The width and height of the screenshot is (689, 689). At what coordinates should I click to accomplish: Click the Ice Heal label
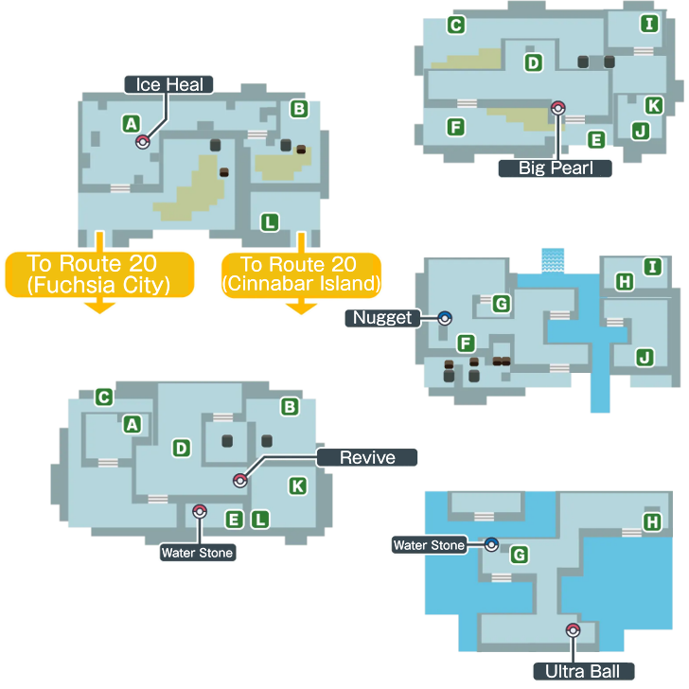168,85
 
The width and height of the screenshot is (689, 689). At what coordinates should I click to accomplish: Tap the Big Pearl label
555,168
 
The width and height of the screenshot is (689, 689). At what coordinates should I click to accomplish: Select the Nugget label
382,318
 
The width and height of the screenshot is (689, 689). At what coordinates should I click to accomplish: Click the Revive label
367,457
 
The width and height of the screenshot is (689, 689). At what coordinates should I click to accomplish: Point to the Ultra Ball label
584,671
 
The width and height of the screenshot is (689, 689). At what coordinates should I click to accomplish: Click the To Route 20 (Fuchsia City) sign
99,274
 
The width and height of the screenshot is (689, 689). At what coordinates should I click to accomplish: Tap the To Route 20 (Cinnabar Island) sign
301,274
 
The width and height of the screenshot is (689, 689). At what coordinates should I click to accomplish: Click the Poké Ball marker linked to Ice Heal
143,142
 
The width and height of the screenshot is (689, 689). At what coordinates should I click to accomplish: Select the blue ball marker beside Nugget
445,318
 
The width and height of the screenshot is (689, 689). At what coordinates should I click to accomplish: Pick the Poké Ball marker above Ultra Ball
573,630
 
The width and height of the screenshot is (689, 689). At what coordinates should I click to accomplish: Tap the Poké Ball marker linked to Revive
240,480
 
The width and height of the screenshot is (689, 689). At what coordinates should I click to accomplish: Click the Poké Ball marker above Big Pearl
558,108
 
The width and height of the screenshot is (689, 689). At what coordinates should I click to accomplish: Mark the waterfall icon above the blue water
553,260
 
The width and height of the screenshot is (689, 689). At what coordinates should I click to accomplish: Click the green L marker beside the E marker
260,520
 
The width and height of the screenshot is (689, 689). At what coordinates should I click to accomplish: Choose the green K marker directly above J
654,105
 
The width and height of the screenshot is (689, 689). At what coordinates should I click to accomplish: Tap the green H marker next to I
625,282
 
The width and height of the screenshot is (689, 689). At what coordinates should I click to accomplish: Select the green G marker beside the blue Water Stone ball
520,555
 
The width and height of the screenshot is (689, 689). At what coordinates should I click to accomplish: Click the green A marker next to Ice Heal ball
132,124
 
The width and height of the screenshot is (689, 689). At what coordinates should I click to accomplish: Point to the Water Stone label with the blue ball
430,545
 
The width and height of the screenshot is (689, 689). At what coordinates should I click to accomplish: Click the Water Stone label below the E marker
197,553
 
